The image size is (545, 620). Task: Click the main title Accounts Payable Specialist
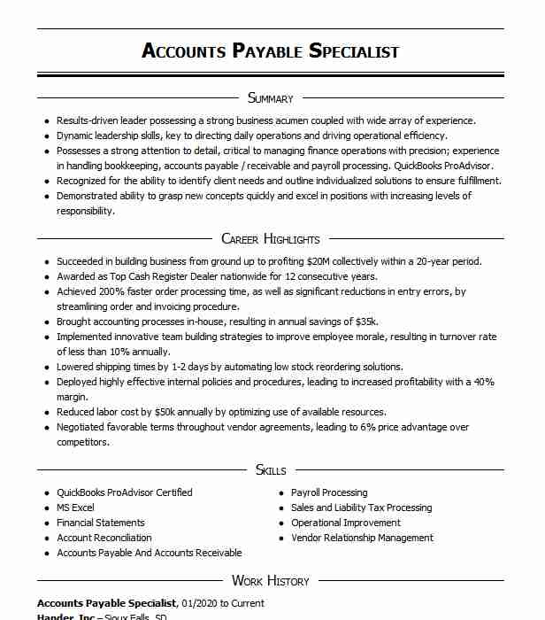tap(270, 50)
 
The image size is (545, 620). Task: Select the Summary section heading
tap(270, 98)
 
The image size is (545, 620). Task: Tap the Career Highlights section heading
tap(270, 239)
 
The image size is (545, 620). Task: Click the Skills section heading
tap(270, 470)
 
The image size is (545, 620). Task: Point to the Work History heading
tap(270, 581)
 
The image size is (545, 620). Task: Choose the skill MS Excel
tap(75, 508)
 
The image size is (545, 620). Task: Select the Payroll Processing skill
tap(329, 493)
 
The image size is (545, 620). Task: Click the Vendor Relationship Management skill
tap(362, 538)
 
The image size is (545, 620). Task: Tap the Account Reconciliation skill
tap(104, 538)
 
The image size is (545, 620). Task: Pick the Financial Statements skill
tap(100, 523)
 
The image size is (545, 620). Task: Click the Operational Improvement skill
tap(346, 523)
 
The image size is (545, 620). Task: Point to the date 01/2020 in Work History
tap(200, 603)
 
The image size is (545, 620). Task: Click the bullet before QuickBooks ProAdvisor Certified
tap(46, 493)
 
